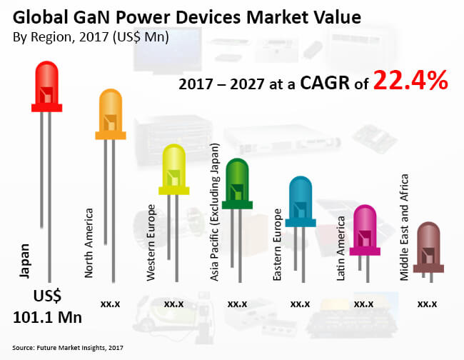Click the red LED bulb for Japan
(47, 86)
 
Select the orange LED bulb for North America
(111, 114)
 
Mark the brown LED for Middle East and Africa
(427, 246)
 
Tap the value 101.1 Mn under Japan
(47, 316)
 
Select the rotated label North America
(89, 243)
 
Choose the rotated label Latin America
(341, 249)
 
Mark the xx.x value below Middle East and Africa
(427, 304)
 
